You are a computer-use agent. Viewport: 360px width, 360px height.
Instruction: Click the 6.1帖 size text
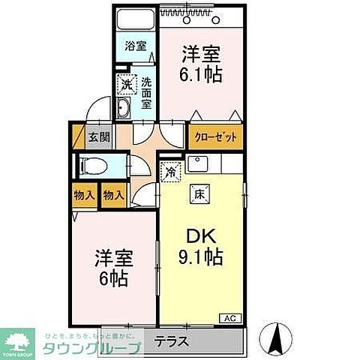(x=199, y=74)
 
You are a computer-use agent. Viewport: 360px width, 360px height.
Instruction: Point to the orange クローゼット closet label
(x=217, y=137)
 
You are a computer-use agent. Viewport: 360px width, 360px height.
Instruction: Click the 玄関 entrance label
(x=97, y=137)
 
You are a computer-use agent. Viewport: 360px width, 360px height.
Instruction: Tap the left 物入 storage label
(x=85, y=194)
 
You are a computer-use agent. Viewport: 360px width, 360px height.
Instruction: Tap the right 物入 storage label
(x=112, y=194)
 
